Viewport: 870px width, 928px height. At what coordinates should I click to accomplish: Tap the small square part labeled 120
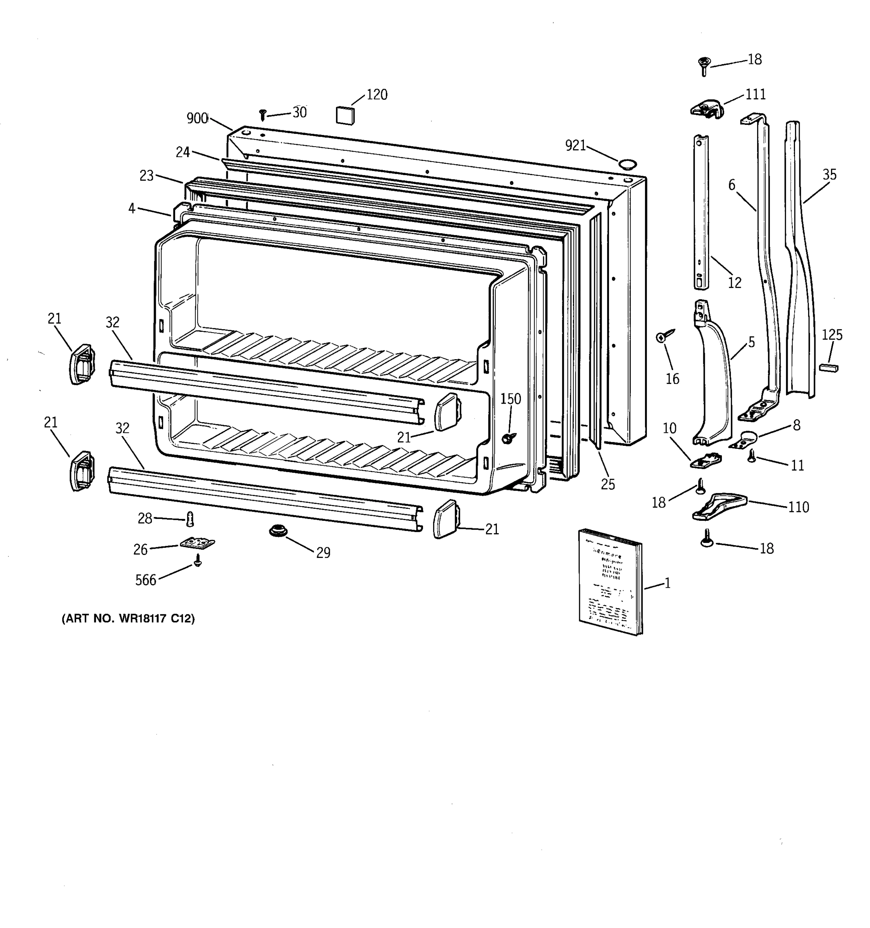(345, 115)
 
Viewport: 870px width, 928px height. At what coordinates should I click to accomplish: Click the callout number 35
(829, 175)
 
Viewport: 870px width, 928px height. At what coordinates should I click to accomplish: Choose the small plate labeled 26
(198, 543)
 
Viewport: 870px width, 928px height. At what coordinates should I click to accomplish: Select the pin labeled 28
(189, 519)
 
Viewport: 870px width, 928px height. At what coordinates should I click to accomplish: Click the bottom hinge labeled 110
(719, 506)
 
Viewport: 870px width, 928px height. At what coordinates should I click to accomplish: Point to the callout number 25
(608, 484)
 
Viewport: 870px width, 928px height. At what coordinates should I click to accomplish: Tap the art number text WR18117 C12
(128, 619)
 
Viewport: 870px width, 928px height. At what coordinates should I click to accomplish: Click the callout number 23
(147, 176)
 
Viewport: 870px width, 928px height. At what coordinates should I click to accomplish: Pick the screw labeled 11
(751, 455)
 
